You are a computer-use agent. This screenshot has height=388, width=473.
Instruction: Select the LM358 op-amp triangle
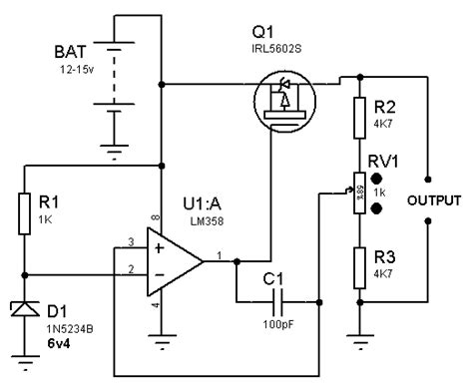pyautogui.click(x=170, y=261)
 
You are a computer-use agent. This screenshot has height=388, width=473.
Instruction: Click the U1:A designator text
pyautogui.click(x=203, y=203)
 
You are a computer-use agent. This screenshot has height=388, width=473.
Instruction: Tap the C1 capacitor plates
pyautogui.click(x=276, y=299)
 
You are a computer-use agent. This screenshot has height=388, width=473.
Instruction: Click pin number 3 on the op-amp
pyautogui.click(x=131, y=242)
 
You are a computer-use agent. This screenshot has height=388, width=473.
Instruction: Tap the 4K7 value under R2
pyautogui.click(x=381, y=126)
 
